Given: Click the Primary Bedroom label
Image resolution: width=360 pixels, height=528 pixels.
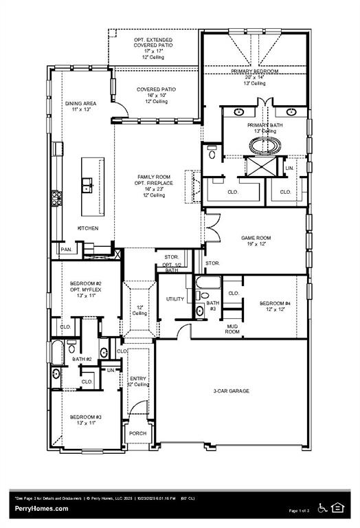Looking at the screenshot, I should (x=254, y=71).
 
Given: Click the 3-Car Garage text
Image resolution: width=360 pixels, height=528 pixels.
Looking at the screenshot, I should (x=231, y=391).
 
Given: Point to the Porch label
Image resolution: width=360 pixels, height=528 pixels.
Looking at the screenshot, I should (x=138, y=433).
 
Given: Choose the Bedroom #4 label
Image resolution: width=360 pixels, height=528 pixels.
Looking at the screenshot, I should (x=275, y=303).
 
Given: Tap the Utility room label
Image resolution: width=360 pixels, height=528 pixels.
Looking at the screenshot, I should (x=175, y=299).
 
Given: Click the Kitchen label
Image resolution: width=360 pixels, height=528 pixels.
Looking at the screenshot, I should (x=87, y=228).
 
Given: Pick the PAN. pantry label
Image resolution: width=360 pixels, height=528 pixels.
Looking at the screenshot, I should (x=67, y=250).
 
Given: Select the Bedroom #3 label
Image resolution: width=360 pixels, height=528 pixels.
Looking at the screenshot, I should (x=85, y=417).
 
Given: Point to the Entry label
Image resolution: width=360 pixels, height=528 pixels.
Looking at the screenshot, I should (x=139, y=378).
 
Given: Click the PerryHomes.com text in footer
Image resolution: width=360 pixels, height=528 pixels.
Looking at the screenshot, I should (x=41, y=509).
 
